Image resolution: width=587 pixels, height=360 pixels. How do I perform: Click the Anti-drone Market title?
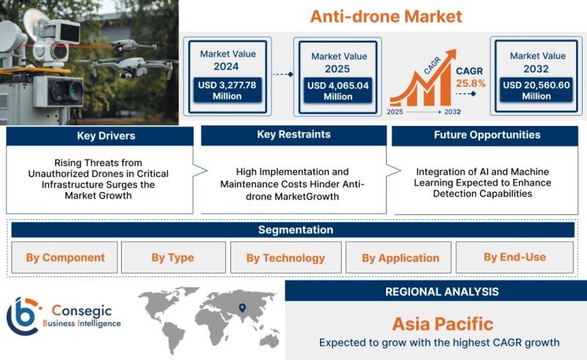[386, 16]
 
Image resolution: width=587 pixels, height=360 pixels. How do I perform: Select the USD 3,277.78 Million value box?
[227, 90]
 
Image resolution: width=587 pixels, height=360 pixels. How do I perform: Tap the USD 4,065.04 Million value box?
[338, 91]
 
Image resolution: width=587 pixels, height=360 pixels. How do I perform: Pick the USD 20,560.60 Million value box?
[536, 90]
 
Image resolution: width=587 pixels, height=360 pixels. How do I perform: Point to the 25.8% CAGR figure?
[470, 84]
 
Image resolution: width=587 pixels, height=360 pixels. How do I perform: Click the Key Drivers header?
[100, 136]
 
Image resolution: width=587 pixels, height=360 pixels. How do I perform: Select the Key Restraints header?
[294, 135]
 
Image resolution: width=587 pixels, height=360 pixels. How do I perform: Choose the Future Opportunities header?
[485, 136]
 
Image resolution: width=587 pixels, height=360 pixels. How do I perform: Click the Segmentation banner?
[293, 229]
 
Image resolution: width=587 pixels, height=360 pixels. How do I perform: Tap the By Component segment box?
[65, 257]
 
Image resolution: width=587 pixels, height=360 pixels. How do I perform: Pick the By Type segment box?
[173, 257]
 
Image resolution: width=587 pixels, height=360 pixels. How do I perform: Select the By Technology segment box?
[286, 257]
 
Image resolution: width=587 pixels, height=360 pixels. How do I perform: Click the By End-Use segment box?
[515, 257]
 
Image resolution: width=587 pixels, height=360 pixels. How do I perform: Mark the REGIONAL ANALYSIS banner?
[436, 291]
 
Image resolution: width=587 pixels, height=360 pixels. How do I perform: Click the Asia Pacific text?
[442, 324]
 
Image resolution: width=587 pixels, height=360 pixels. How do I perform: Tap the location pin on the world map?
[242, 308]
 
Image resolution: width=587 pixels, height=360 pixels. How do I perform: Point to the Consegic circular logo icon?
[23, 317]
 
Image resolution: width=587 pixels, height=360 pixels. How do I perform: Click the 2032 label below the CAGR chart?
[453, 111]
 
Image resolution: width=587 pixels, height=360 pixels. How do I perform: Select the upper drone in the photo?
[133, 45]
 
